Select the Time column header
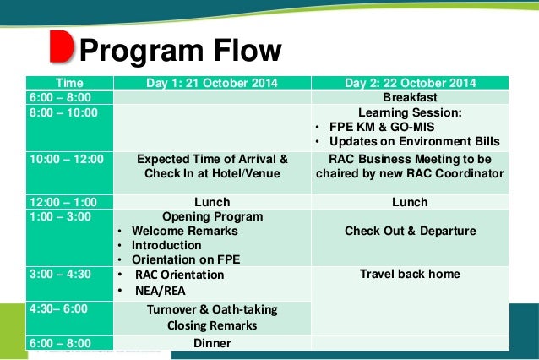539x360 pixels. click(70, 83)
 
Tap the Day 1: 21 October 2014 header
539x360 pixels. click(212, 83)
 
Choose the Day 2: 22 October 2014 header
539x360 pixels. click(410, 83)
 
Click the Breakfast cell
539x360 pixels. click(410, 97)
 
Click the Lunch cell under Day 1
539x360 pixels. click(212, 202)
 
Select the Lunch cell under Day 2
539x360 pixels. click(410, 202)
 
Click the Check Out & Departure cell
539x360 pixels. click(410, 231)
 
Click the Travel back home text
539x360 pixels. click(410, 274)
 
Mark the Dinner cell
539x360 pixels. click(212, 343)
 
